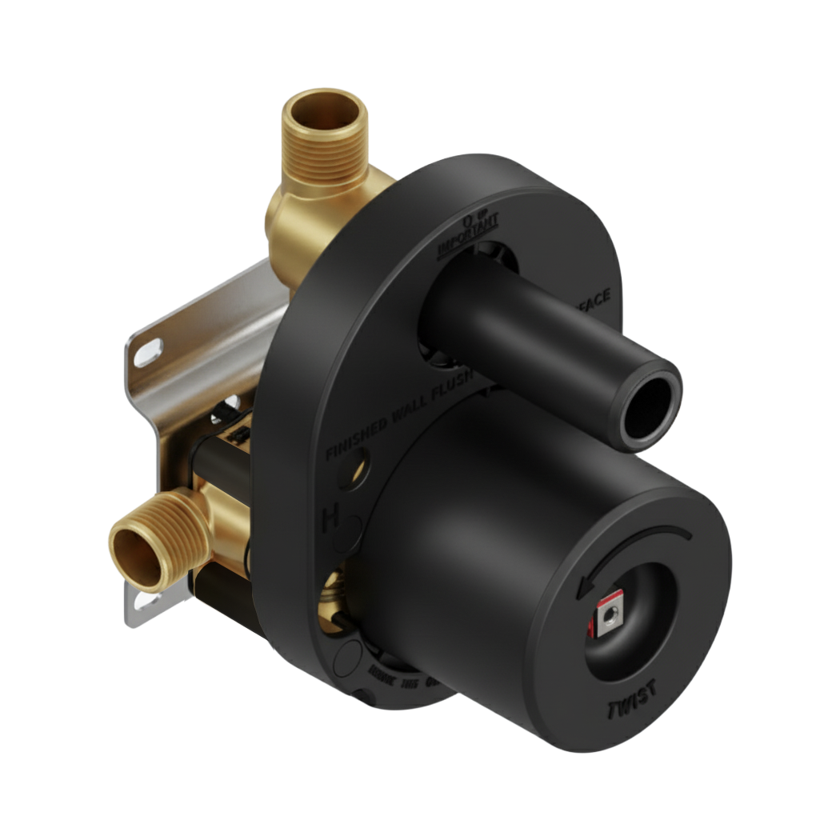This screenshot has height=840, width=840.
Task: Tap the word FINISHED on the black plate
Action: tap(358, 436)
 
